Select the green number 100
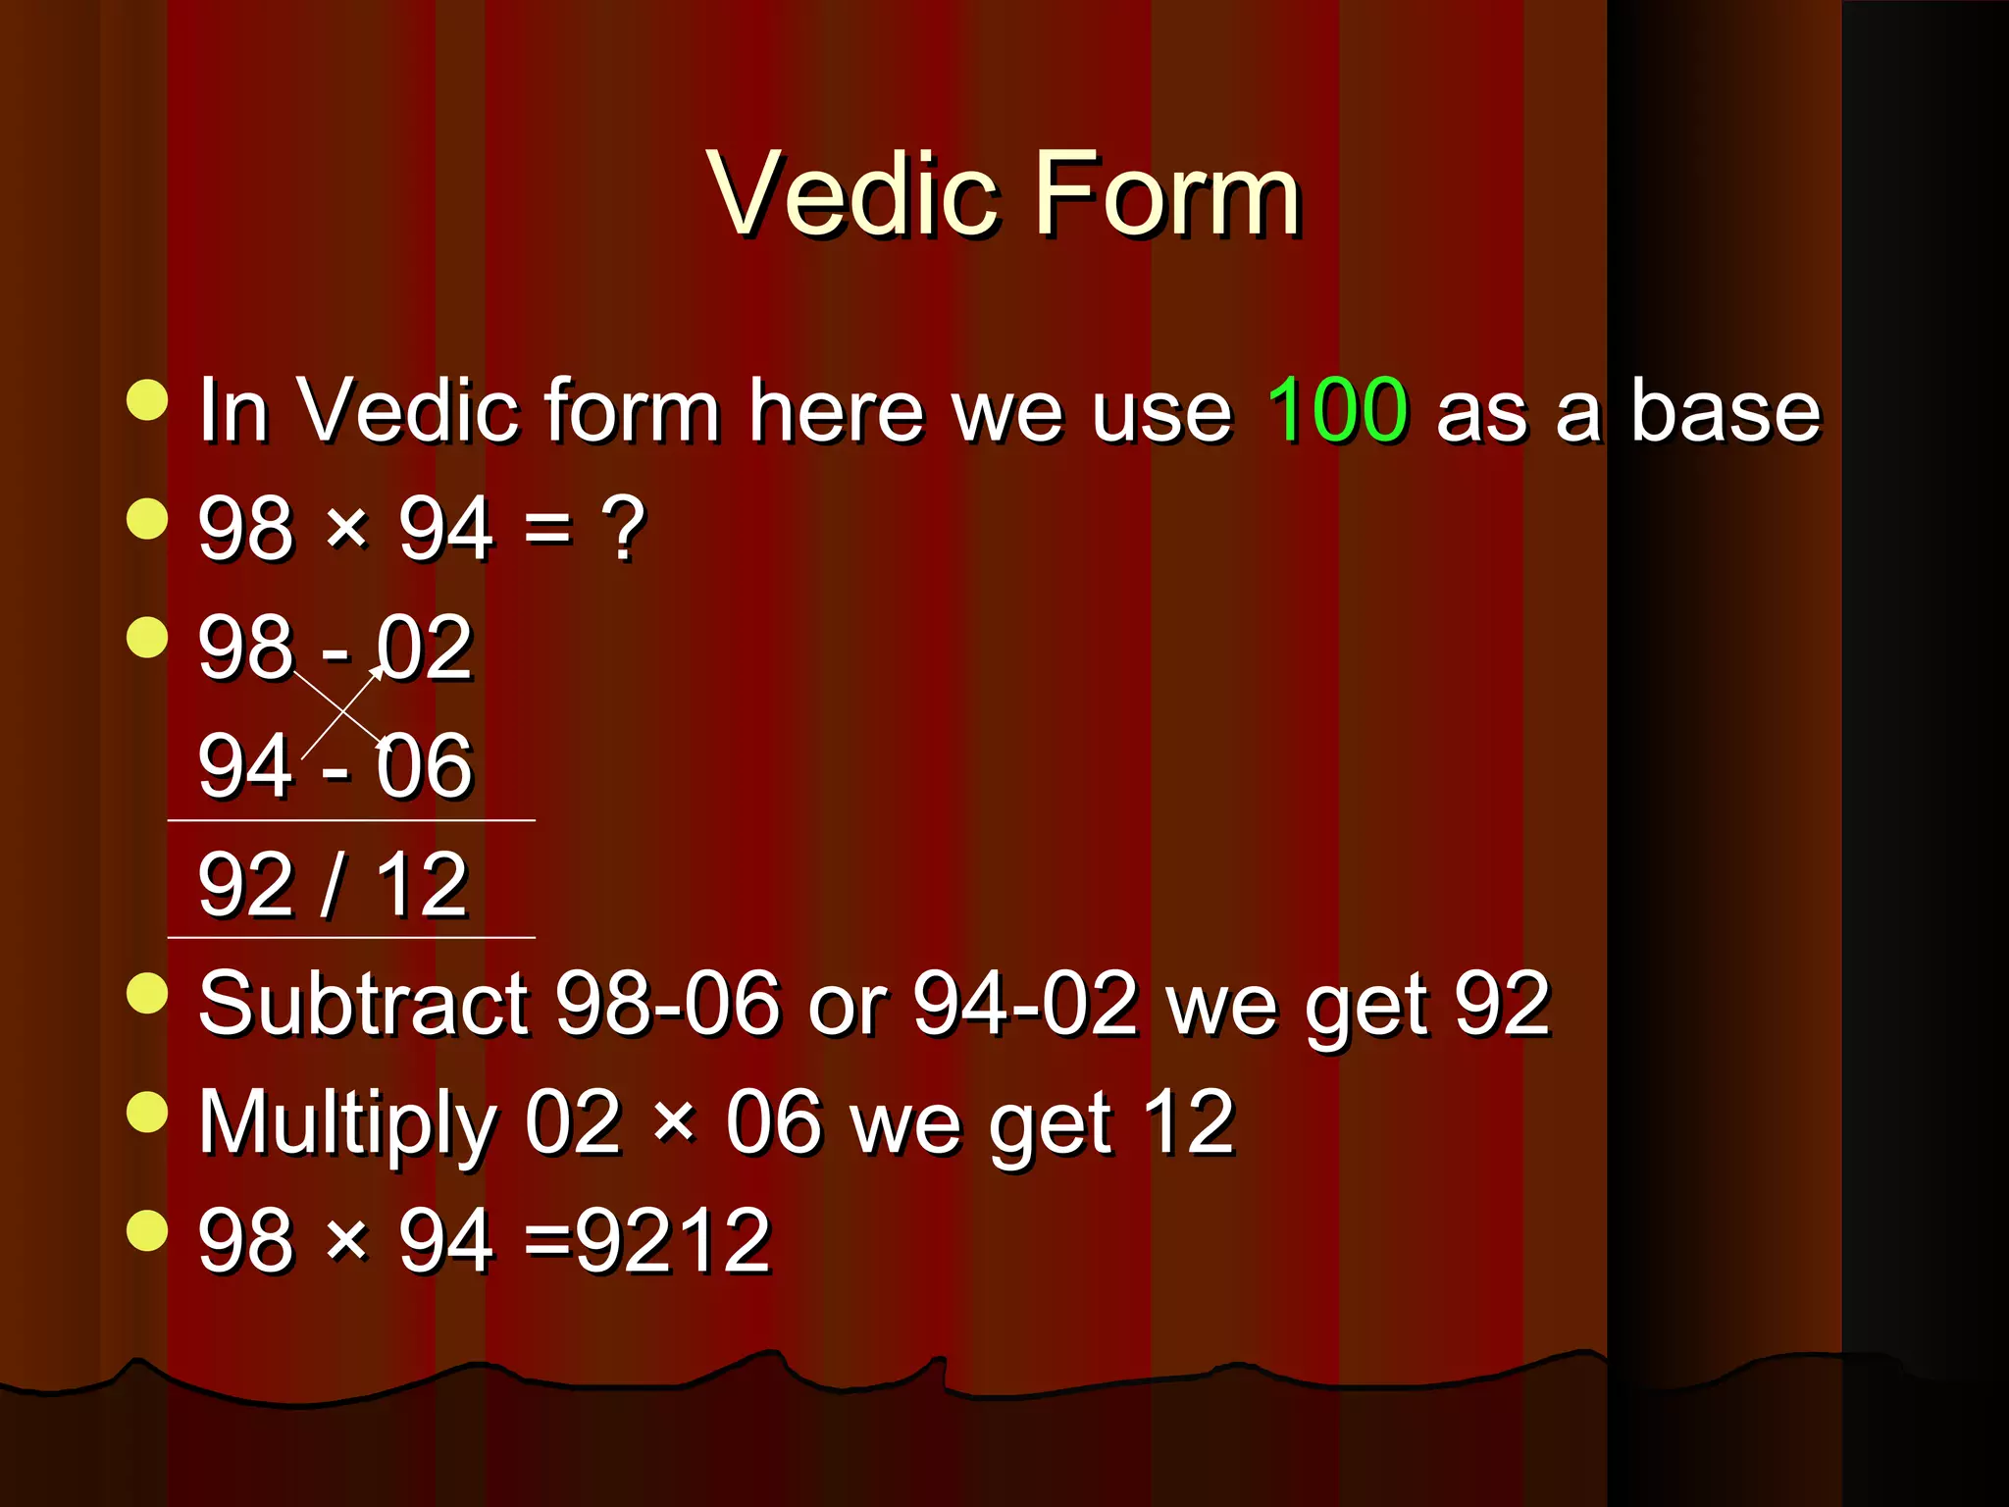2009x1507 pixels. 1337,410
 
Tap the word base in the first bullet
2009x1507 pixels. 1725,410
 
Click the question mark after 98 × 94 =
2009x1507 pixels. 623,530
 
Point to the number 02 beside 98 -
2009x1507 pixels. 425,648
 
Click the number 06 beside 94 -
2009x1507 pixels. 425,766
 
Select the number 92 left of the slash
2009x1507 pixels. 245,885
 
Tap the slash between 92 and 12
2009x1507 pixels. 333,885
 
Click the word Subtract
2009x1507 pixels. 363,1004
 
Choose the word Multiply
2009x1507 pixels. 348,1124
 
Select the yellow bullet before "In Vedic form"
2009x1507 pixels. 147,399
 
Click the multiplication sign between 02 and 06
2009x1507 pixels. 674,1122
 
